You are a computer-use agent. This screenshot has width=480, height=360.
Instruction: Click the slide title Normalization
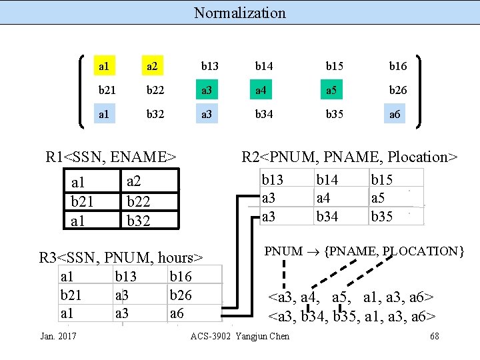coord(239,13)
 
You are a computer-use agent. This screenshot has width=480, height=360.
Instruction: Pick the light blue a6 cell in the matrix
coord(395,114)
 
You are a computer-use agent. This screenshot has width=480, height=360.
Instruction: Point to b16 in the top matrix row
coord(398,66)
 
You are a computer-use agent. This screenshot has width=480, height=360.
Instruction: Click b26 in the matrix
coord(398,90)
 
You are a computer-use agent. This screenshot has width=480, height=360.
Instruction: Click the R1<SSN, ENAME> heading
coord(111,157)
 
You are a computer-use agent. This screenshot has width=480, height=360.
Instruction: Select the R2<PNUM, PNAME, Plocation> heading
coord(350,157)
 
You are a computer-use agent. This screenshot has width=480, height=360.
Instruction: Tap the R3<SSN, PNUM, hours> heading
coord(121,257)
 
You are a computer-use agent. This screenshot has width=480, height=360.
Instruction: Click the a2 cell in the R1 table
coord(134,181)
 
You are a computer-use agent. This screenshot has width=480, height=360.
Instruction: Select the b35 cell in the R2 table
coord(381,216)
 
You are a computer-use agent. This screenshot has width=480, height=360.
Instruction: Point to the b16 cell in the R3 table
coord(181,275)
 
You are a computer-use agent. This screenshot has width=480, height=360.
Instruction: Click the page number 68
coord(435,336)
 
